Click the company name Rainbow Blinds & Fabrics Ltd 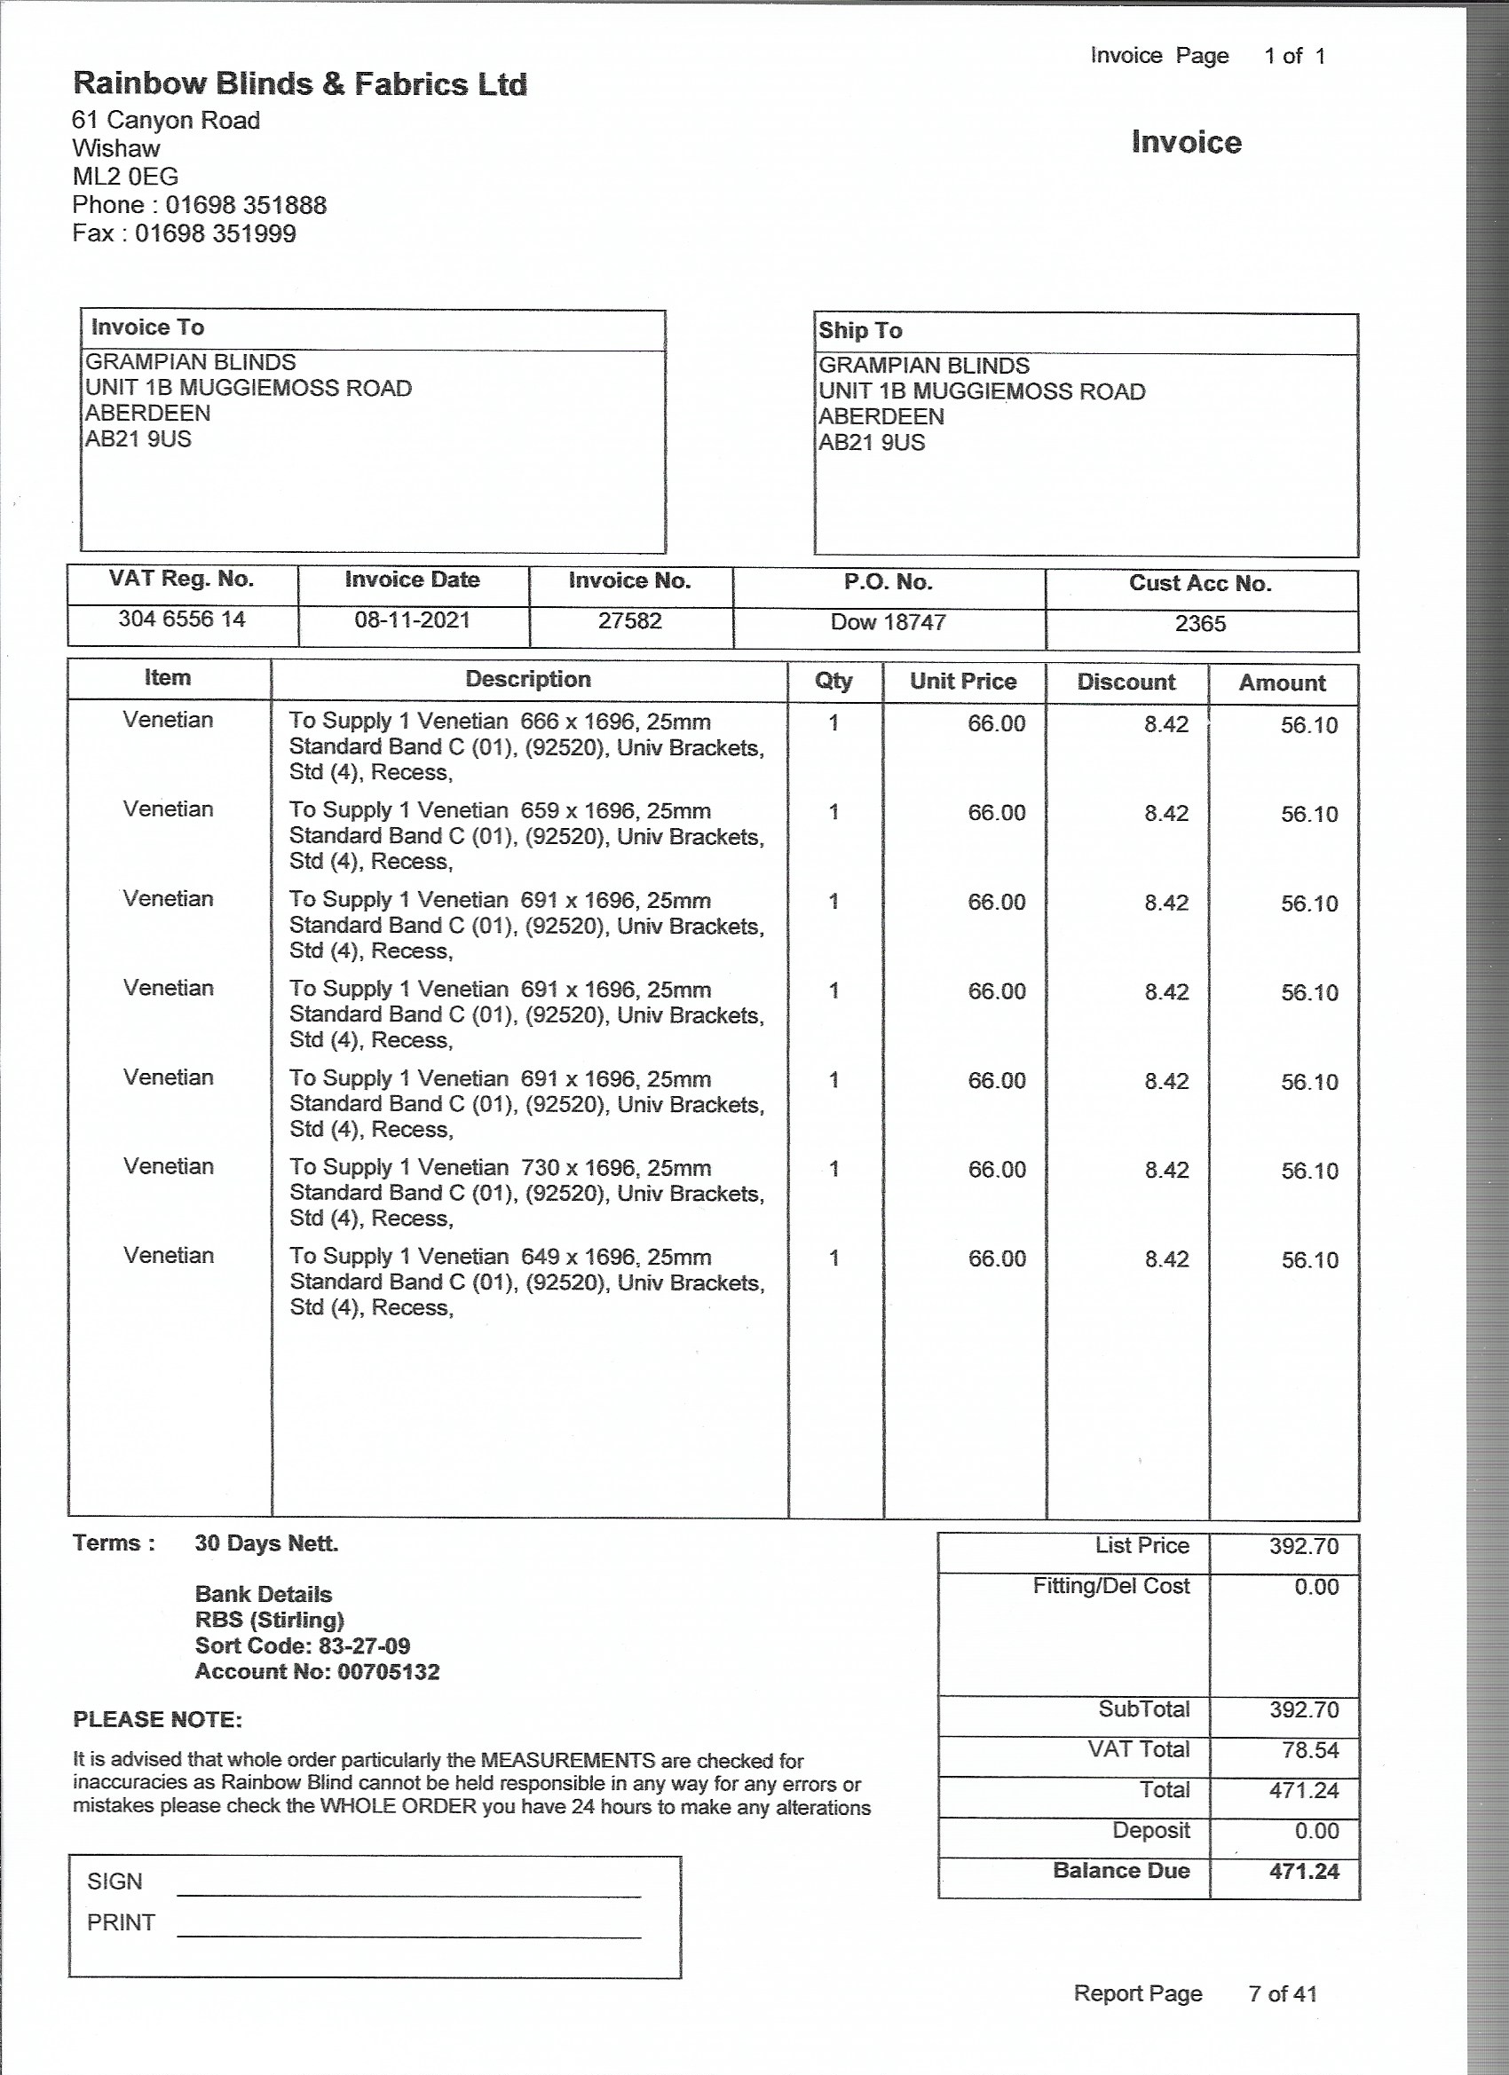coord(299,84)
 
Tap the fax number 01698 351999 coord(215,233)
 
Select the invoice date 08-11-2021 coord(412,620)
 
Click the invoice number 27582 coord(629,621)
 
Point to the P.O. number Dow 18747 coord(888,623)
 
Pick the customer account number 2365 coord(1200,624)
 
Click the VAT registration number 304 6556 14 coord(181,619)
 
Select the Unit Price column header coord(963,682)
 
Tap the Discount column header coord(1126,682)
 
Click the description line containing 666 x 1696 coord(500,722)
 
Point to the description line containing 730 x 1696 coord(500,1168)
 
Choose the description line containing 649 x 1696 coord(500,1257)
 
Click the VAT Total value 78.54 coord(1309,1750)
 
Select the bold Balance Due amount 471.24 coord(1303,1871)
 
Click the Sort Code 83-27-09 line coord(302,1646)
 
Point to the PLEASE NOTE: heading coord(157,1719)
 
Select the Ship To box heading coord(860,330)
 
